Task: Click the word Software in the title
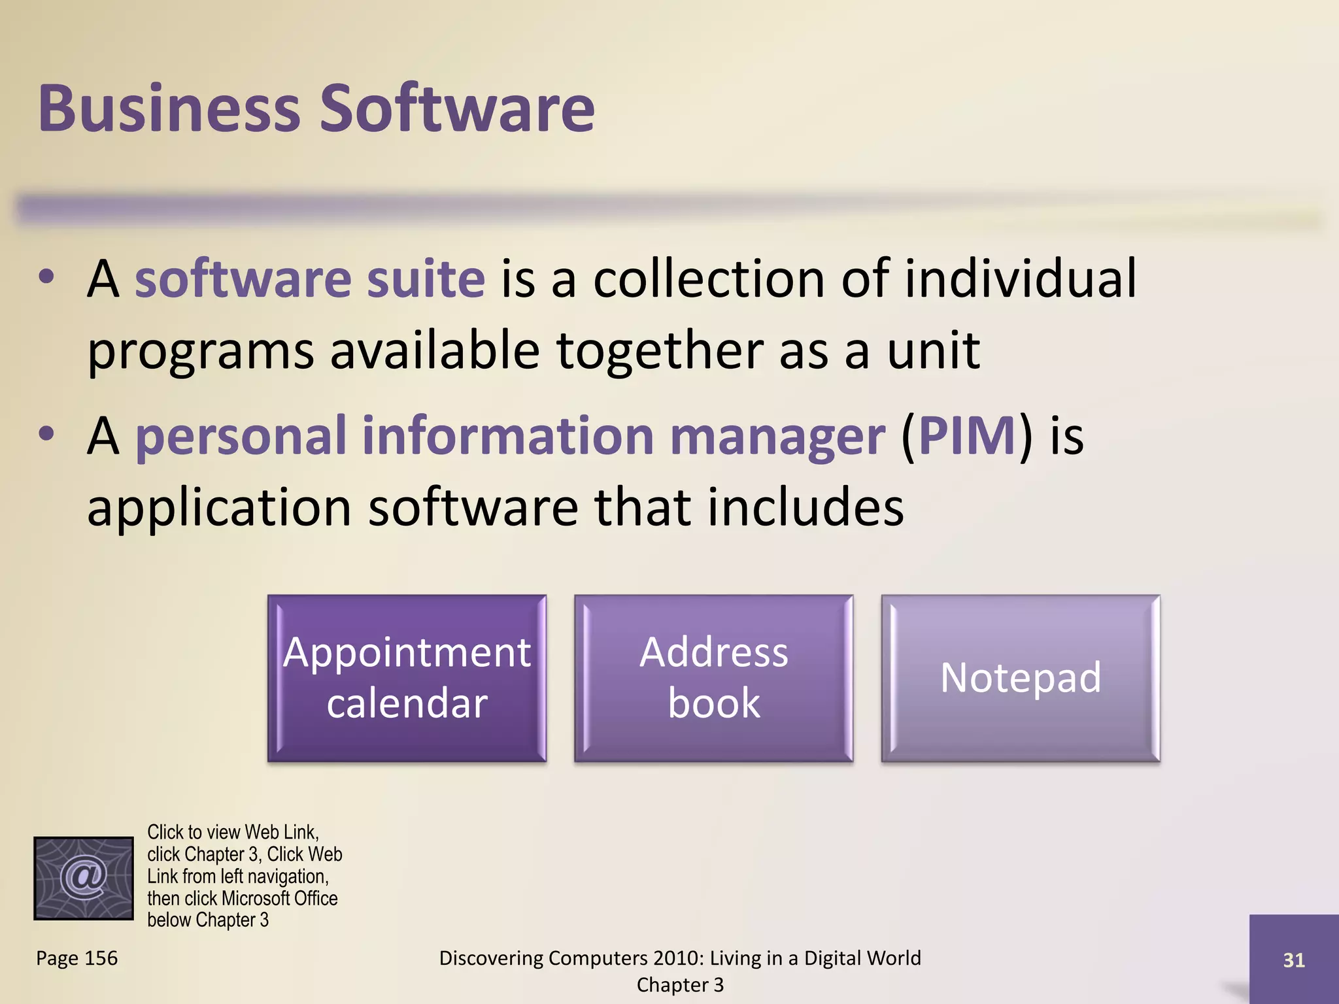(457, 109)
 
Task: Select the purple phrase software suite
(310, 279)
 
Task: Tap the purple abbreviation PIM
(967, 436)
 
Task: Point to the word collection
(709, 279)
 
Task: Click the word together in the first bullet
(660, 351)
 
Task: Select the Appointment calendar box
(407, 678)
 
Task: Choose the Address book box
(713, 678)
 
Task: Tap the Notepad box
(1020, 678)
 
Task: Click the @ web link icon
(84, 878)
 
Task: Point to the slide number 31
(1294, 960)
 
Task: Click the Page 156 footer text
(77, 958)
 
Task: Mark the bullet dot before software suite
(46, 277)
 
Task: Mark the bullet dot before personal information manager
(46, 434)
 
